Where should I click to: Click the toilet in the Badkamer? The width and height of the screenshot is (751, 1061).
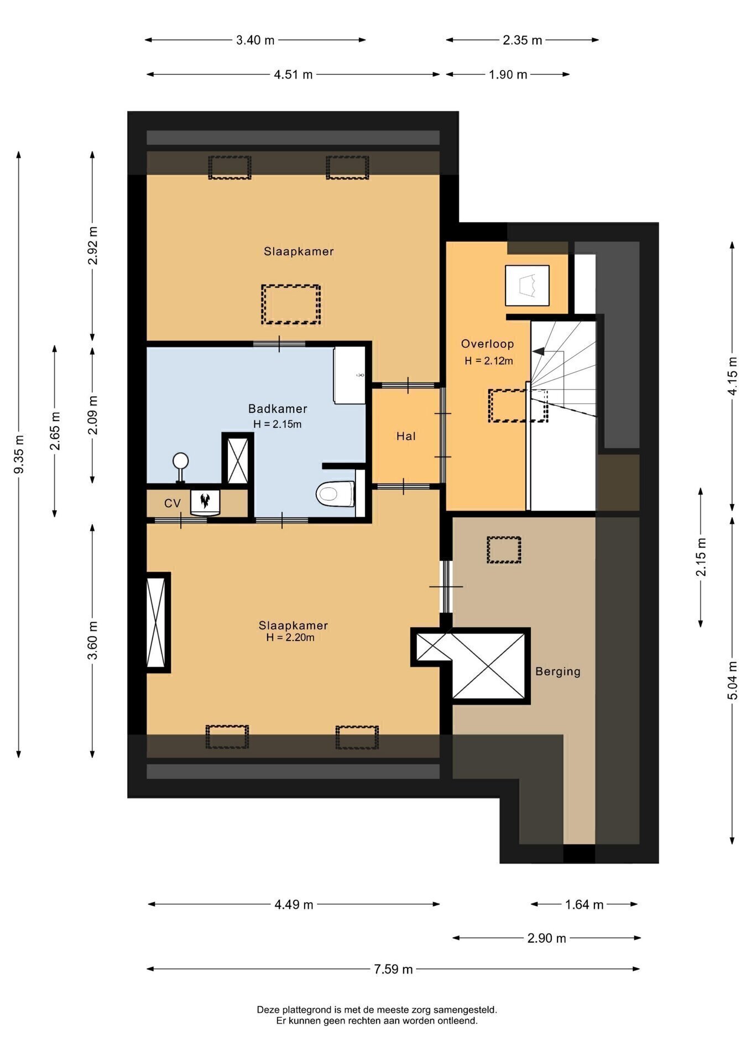(335, 493)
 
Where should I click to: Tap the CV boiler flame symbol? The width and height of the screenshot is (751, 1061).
(205, 501)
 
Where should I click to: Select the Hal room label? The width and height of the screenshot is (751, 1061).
(406, 436)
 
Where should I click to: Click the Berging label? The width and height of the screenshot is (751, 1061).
(557, 671)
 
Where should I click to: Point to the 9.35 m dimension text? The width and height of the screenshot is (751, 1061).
(19, 454)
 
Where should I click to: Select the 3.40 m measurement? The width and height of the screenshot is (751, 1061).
(255, 40)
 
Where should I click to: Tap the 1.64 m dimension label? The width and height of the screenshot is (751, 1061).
(584, 905)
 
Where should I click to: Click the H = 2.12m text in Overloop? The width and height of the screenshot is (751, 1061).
(489, 361)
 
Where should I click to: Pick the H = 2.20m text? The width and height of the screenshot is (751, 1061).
(290, 637)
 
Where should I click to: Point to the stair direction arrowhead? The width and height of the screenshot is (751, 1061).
(538, 351)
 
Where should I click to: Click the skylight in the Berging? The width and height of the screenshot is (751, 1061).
(504, 550)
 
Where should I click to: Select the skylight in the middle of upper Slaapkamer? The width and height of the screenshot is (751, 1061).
(291, 304)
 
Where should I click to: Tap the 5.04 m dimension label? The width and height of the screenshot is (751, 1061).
(732, 680)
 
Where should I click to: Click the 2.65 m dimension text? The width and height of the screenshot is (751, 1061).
(55, 431)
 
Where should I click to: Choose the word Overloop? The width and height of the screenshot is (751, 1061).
(488, 344)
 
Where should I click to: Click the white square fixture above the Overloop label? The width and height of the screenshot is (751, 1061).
(527, 285)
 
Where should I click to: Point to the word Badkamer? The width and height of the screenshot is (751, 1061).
(278, 409)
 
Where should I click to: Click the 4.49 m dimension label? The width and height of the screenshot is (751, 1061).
(294, 905)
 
